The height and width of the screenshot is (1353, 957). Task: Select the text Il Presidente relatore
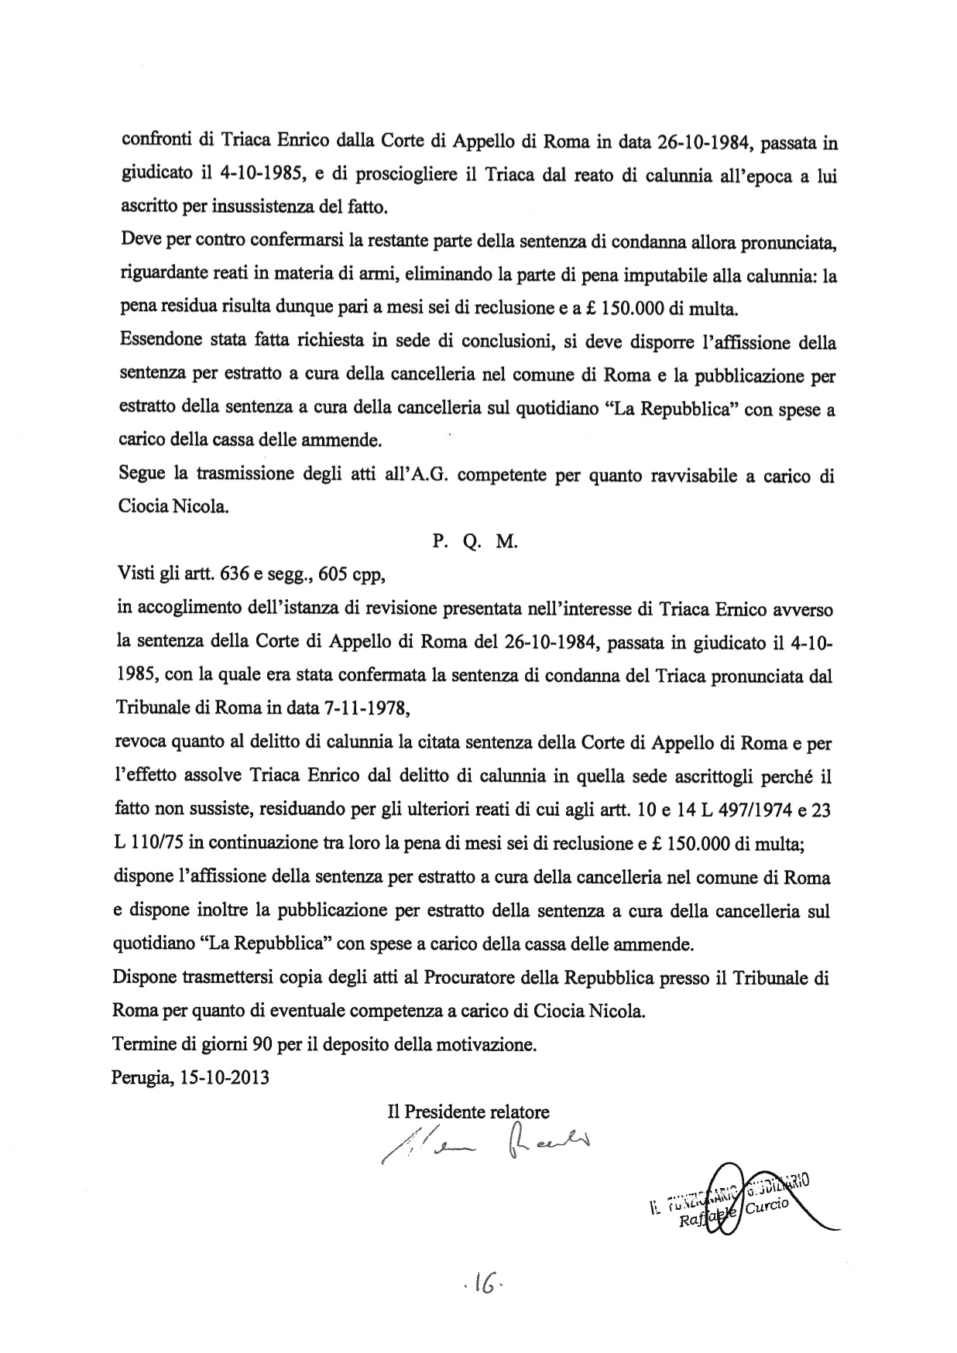468,1112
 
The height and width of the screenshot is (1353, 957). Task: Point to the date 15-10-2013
224,1077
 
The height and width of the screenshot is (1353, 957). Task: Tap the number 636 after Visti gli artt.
235,575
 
